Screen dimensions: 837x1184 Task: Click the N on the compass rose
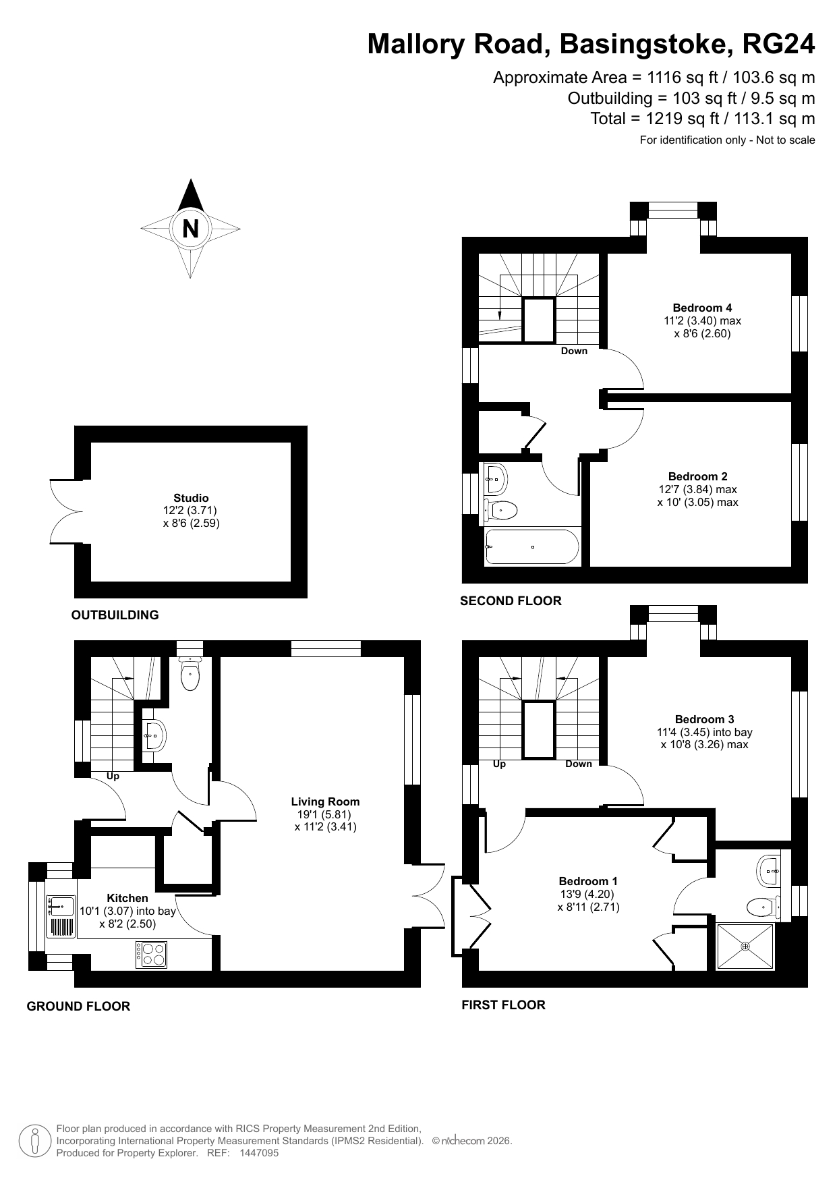191,229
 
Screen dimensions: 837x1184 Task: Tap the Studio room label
192,498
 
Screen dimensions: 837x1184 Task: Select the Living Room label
325,801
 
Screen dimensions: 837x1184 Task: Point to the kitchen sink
61,916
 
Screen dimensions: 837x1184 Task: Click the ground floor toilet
191,673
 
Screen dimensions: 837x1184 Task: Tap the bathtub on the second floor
532,546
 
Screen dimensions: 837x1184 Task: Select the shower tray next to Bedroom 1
745,946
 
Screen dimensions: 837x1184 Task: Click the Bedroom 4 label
702,308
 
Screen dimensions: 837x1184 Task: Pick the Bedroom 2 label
697,476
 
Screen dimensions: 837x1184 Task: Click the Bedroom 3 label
704,719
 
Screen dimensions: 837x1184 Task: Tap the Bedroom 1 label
588,881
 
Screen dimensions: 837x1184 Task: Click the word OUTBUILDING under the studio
115,615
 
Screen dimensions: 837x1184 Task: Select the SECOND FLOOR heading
511,600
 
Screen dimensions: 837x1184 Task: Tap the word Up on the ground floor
113,776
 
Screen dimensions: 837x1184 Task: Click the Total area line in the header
703,119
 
